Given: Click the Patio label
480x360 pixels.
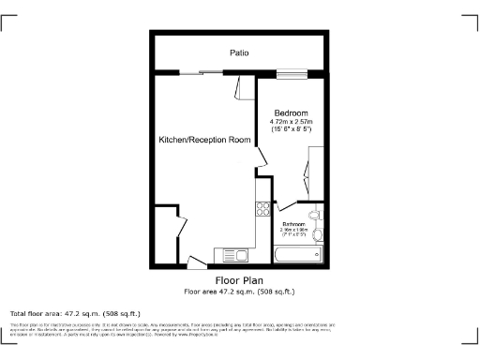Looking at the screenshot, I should tap(239, 53).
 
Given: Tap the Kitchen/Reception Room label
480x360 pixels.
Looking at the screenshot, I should tap(204, 140).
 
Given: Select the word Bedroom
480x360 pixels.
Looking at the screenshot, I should tap(291, 113).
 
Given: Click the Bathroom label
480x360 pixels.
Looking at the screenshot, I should tap(294, 224).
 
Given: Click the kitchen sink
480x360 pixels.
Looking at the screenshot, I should tap(231, 254).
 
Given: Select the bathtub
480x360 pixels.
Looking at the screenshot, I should tap(297, 253).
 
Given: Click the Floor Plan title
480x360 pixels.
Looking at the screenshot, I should tap(239, 280).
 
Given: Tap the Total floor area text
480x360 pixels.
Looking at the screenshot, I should tap(75, 313).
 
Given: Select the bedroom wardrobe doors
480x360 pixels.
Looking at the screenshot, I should tap(307, 169).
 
